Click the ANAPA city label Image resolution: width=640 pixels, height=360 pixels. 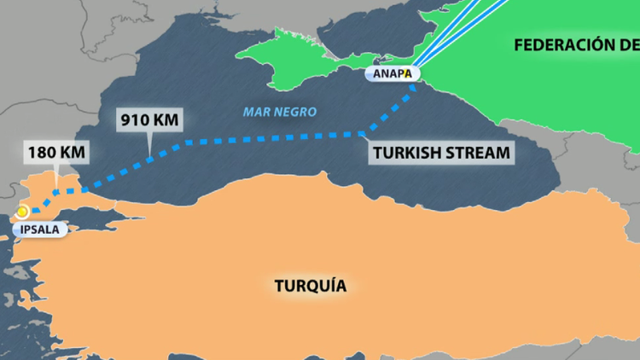[x=393, y=74]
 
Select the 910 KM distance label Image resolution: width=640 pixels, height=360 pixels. [x=150, y=119]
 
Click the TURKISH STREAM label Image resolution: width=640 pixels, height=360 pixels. [x=441, y=154]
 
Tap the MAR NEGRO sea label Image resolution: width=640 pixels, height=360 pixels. [x=280, y=112]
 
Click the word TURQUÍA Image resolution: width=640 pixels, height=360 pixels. [x=311, y=286]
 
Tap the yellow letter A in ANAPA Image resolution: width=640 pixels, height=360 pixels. [x=408, y=74]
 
